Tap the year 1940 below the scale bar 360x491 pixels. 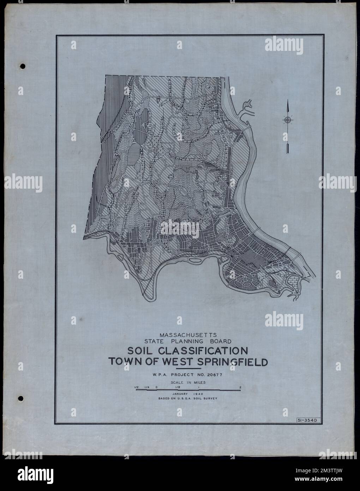click(x=200, y=394)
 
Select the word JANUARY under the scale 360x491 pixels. click(x=180, y=394)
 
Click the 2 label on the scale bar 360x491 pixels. click(x=240, y=387)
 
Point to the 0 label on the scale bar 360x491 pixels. click(x=156, y=387)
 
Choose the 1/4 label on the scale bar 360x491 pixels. click(x=146, y=387)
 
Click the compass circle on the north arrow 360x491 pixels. click(x=288, y=120)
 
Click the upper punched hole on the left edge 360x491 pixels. click(x=23, y=66)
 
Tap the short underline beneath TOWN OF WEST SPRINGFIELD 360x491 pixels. click(x=188, y=369)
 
